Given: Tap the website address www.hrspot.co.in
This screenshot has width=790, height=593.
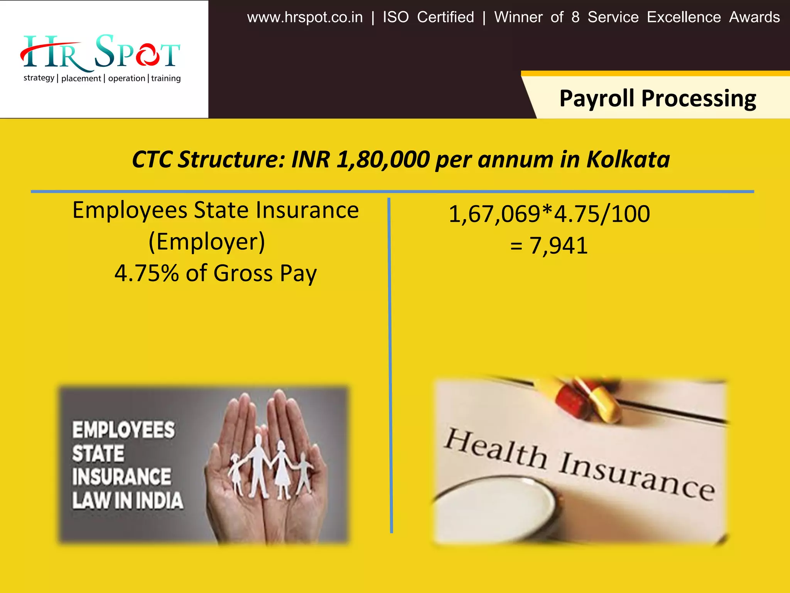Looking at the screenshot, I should [305, 17].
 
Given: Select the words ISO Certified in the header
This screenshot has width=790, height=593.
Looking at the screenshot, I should [428, 17].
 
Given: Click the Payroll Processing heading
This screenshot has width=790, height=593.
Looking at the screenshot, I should [657, 98].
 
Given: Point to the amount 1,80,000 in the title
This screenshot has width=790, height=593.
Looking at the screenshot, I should [383, 159].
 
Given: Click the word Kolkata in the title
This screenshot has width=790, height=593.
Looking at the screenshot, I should [628, 159].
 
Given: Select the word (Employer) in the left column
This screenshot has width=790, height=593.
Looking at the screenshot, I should [207, 242].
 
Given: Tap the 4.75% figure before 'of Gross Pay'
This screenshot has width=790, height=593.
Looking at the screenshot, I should [147, 273].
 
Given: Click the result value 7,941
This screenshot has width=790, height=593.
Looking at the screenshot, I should [558, 246].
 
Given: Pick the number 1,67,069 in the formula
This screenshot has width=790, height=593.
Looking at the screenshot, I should [494, 214].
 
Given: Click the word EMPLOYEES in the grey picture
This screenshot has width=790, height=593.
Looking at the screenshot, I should [123, 430].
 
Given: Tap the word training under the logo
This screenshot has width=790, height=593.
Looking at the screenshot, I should [166, 78].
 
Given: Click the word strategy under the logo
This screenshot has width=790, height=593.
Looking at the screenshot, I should [39, 78].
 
